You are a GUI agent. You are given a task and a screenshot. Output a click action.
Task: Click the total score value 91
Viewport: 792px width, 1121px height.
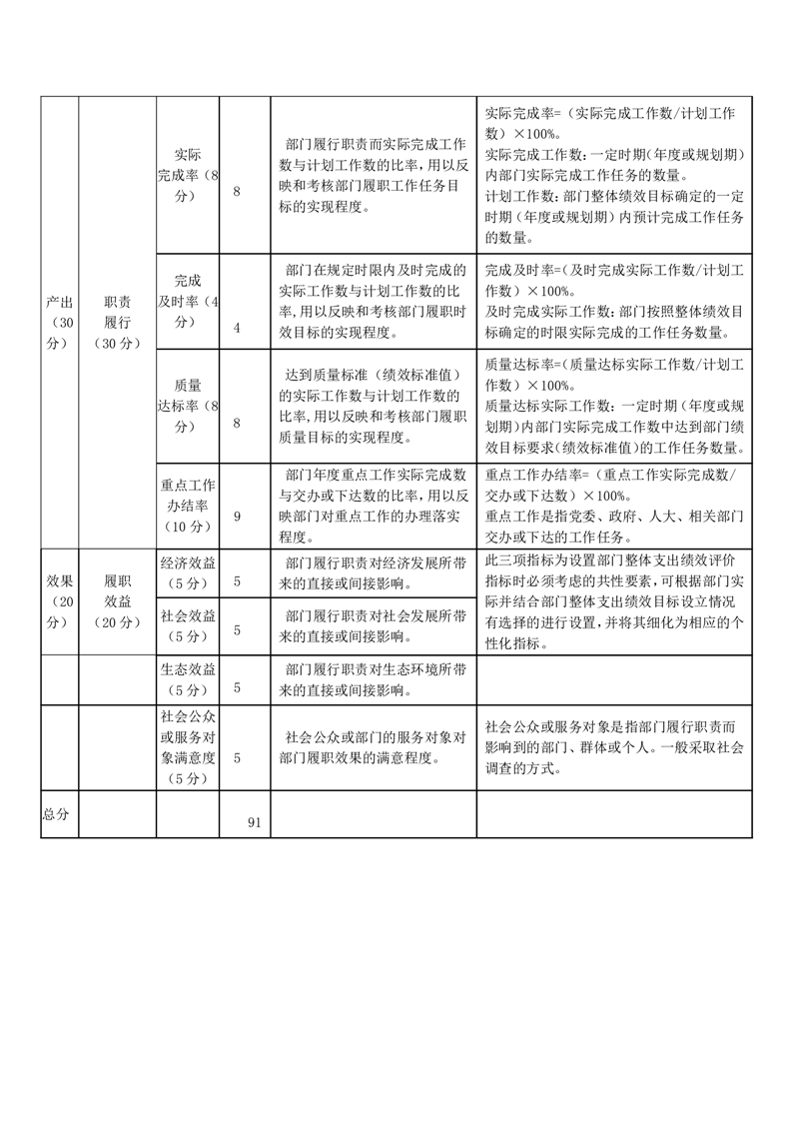254,822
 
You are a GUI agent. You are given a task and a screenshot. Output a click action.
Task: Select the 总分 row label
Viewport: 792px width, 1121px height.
56,814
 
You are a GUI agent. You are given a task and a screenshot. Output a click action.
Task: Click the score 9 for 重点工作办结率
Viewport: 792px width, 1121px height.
237,517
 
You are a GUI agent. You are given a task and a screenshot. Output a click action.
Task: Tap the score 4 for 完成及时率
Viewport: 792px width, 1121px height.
237,327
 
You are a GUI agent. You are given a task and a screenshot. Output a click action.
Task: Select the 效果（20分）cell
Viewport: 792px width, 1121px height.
59,600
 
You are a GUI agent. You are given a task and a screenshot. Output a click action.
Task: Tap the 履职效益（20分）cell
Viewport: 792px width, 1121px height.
117,600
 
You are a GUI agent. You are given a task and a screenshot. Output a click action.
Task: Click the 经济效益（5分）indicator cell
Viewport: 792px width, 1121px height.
188,572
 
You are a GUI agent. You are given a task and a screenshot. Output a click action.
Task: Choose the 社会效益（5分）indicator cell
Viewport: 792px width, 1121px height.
188,624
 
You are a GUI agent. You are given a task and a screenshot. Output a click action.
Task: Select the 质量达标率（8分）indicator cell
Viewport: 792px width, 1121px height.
188,405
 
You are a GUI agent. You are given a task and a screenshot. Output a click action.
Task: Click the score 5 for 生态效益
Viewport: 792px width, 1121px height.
237,687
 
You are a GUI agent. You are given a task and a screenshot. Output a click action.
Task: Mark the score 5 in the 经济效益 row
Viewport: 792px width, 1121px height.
237,579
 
